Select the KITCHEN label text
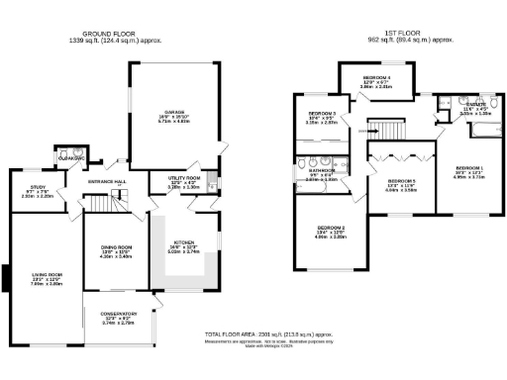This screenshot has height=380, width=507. coord(185,242)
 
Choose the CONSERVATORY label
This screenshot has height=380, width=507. coord(118,314)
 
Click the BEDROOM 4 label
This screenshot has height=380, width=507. coord(376,77)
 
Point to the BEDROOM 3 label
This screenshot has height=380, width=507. coord(322,114)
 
